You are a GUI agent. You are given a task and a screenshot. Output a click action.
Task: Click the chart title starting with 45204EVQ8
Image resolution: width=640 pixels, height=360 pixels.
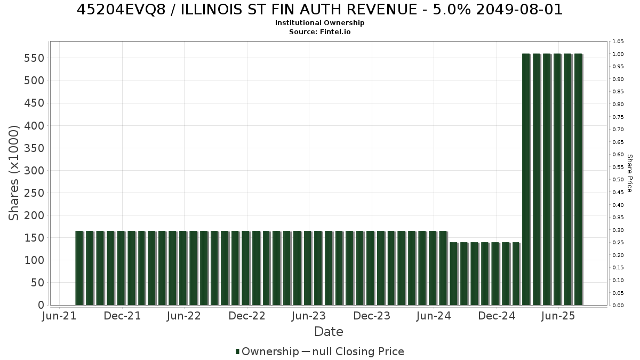[x=319, y=10]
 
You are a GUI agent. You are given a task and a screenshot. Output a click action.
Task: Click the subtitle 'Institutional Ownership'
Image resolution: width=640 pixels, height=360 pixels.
[x=319, y=23]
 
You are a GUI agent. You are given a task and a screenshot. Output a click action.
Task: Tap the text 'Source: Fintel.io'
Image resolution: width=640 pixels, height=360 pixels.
[x=319, y=31]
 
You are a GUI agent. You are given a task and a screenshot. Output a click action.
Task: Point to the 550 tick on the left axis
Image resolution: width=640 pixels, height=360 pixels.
[x=34, y=58]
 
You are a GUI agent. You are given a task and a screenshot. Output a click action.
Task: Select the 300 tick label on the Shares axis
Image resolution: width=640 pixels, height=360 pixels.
[x=34, y=171]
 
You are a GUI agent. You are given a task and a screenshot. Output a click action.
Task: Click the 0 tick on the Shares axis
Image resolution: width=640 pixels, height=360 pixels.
[x=41, y=305]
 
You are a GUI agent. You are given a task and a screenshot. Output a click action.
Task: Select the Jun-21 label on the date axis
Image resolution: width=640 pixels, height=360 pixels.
[x=59, y=316]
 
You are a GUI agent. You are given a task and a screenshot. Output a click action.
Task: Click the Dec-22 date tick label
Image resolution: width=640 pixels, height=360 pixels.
[x=247, y=316]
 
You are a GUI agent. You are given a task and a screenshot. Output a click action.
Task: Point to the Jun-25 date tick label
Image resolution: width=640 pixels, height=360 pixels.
[x=558, y=316]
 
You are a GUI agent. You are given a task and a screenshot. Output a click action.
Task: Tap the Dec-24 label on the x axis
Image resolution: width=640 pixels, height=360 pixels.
[x=497, y=316]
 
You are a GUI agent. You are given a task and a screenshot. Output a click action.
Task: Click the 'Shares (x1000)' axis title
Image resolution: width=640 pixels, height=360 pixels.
[x=14, y=173]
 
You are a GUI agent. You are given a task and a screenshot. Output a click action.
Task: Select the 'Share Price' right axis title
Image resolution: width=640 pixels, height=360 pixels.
[x=629, y=173]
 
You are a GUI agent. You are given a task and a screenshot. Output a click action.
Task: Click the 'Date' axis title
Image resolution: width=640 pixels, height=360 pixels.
[x=329, y=332]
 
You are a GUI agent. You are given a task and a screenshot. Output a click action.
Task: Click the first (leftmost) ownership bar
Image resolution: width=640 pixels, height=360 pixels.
[x=79, y=268]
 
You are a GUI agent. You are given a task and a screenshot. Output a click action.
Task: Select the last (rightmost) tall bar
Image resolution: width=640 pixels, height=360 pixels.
[x=579, y=179]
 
